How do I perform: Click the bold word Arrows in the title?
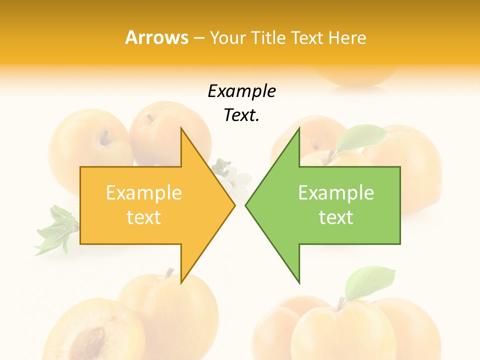click(x=156, y=37)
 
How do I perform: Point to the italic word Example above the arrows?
click(x=241, y=91)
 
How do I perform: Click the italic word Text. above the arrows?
click(x=241, y=115)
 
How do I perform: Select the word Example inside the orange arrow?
click(x=143, y=192)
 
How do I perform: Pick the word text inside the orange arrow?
click(x=143, y=217)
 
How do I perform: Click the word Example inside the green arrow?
click(x=336, y=192)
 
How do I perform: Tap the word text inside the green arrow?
click(x=336, y=217)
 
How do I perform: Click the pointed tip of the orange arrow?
click(x=234, y=205)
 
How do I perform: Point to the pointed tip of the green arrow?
click(x=246, y=205)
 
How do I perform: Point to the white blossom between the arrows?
click(x=235, y=177)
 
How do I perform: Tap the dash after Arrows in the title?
click(x=198, y=38)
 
